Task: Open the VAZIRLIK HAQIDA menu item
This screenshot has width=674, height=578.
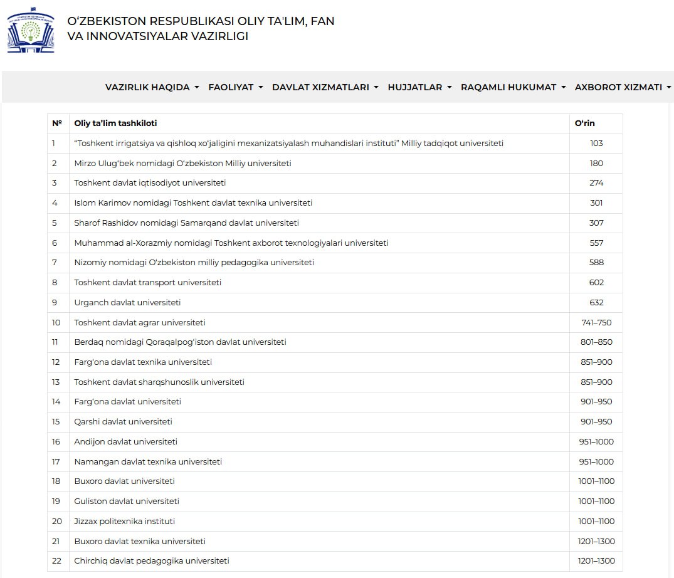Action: pyautogui.click(x=152, y=87)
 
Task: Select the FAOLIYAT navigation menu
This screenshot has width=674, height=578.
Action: pyautogui.click(x=235, y=87)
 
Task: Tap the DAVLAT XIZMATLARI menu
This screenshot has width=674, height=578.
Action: pyautogui.click(x=325, y=87)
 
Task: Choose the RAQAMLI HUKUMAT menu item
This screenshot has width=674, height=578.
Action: pyautogui.click(x=513, y=87)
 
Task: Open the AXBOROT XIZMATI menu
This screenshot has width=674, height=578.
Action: pyautogui.click(x=623, y=87)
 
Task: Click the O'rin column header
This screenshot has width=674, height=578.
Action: pyautogui.click(x=584, y=123)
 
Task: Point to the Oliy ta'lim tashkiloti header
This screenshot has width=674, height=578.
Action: pyautogui.click(x=115, y=123)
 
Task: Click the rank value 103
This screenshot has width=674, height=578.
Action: pyautogui.click(x=596, y=144)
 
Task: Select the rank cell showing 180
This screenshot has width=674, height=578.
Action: pyautogui.click(x=596, y=163)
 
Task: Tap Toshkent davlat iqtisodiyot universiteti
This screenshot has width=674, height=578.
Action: pyautogui.click(x=150, y=183)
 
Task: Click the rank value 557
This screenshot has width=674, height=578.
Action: pyautogui.click(x=596, y=243)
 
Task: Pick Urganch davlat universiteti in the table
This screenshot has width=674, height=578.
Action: pyautogui.click(x=127, y=302)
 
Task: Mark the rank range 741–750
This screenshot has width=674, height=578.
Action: pyautogui.click(x=596, y=322)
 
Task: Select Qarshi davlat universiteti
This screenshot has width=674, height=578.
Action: pyautogui.click(x=123, y=422)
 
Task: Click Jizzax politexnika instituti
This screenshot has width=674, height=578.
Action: pyautogui.click(x=124, y=521)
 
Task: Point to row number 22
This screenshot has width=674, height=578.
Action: pyautogui.click(x=57, y=561)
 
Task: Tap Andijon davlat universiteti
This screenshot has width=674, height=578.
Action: pyautogui.click(x=125, y=441)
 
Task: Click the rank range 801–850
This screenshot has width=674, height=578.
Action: pyautogui.click(x=596, y=342)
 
